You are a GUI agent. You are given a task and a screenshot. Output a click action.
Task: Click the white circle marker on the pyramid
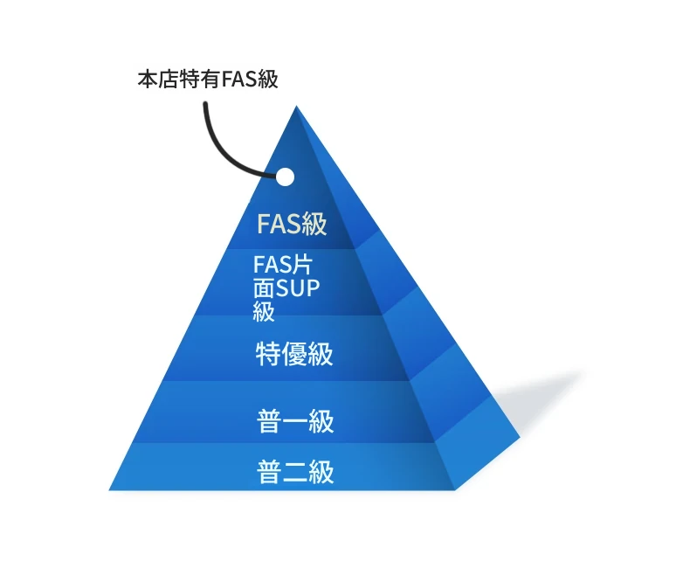[285, 177]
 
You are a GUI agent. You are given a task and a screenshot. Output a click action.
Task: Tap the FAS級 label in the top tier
[292, 224]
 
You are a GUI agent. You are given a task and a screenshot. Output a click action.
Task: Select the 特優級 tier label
[294, 354]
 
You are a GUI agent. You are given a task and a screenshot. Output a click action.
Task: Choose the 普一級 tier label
[295, 421]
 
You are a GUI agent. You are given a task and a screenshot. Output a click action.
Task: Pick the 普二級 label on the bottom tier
[295, 472]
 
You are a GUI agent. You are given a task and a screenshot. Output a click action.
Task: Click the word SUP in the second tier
[298, 288]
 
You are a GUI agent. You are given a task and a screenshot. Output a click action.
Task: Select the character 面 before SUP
[264, 288]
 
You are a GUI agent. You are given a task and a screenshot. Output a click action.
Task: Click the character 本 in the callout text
[148, 80]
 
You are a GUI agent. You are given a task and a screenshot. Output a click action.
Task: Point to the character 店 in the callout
[168, 80]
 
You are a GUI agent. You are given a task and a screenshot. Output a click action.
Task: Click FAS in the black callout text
[239, 80]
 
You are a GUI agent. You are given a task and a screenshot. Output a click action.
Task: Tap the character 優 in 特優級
[294, 354]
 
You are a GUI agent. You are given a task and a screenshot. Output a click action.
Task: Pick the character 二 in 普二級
[295, 472]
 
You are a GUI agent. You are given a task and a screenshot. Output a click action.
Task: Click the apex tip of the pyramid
[296, 106]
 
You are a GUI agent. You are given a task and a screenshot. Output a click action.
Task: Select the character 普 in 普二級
[269, 472]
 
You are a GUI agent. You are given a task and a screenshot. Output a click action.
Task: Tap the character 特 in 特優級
[268, 354]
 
